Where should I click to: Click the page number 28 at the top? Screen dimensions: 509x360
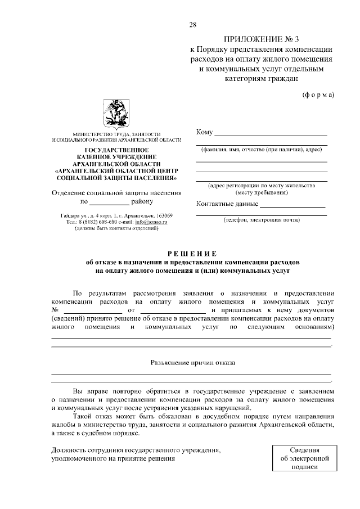tap(193, 24)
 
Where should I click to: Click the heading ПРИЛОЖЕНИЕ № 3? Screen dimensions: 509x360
tap(262, 39)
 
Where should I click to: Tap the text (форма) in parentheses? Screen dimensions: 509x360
tap(318, 94)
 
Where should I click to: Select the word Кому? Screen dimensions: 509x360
tap(204, 132)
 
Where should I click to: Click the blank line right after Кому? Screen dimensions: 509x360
tap(271, 135)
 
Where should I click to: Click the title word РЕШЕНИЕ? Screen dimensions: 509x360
tap(192, 254)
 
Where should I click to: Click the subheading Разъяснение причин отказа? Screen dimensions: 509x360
tap(192, 363)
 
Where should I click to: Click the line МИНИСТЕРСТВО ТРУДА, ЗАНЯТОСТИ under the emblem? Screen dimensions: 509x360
tap(117, 134)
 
